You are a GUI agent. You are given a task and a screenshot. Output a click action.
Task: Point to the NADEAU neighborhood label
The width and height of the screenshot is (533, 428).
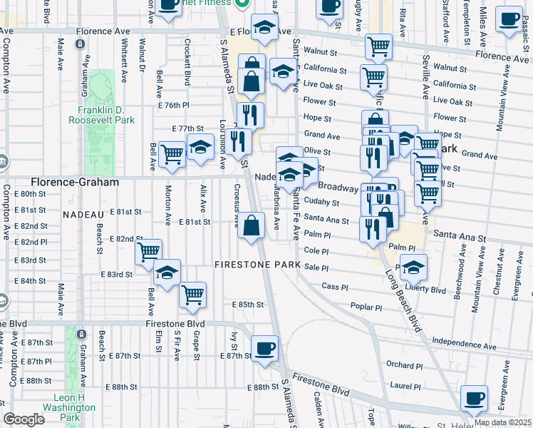(83, 214)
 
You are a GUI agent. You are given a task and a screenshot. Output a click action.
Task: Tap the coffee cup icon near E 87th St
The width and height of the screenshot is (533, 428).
(266, 348)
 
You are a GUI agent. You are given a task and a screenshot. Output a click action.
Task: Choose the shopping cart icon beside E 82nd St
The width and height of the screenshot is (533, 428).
(149, 251)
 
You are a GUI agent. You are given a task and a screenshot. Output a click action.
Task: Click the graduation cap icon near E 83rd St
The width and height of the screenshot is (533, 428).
(167, 273)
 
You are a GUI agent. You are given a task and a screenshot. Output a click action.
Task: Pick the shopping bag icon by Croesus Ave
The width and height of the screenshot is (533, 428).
(252, 226)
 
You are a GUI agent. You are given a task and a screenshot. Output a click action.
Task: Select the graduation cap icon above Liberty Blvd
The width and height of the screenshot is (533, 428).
(413, 268)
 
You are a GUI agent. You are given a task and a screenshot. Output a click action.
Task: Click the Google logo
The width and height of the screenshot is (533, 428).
(24, 419)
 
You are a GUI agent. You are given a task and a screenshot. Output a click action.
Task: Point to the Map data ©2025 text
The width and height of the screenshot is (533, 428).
(502, 422)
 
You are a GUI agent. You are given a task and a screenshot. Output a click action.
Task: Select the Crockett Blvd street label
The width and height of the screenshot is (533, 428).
(188, 68)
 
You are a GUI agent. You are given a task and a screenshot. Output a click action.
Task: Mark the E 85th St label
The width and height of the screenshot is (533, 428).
(249, 305)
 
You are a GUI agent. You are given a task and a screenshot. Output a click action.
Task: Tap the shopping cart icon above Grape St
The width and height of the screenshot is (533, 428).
(192, 295)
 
